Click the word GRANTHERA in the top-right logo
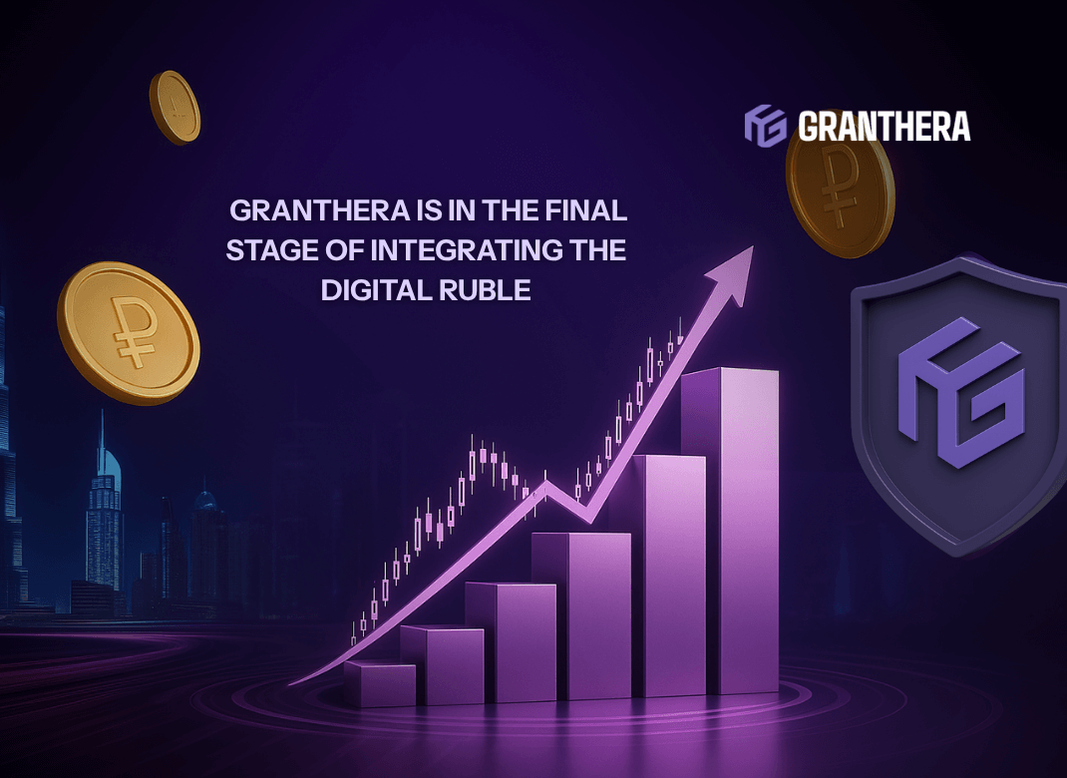coord(884,127)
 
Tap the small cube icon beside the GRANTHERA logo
coord(765,127)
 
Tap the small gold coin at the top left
coord(176,107)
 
